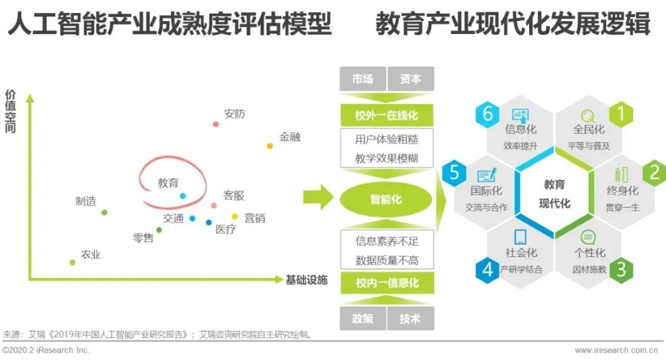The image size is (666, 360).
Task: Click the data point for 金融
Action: pos(269,146)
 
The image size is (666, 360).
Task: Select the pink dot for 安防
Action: pos(216,124)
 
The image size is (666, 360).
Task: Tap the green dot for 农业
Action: pos(72,263)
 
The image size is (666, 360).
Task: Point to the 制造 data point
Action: pos(104,213)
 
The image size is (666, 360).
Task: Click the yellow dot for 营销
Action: pos(235,216)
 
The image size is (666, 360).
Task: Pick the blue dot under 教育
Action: pos(183,196)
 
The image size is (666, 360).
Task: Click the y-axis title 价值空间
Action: pos(10,112)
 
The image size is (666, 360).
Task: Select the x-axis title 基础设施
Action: pos(306,280)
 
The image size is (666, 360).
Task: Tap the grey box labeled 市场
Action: pos(363,79)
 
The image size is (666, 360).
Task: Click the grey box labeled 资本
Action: pos(411,79)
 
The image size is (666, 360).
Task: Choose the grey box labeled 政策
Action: pos(363,318)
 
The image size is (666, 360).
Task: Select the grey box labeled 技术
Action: pos(411,318)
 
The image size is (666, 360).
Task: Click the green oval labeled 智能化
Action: pos(386,200)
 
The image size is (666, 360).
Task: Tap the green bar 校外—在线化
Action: pos(387,115)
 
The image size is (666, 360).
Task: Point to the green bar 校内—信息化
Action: pos(387,283)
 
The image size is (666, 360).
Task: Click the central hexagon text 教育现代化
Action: pos(554,194)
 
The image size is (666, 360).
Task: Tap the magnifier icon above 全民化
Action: pos(588,115)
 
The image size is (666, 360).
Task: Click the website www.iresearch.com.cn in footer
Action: pos(619,350)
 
